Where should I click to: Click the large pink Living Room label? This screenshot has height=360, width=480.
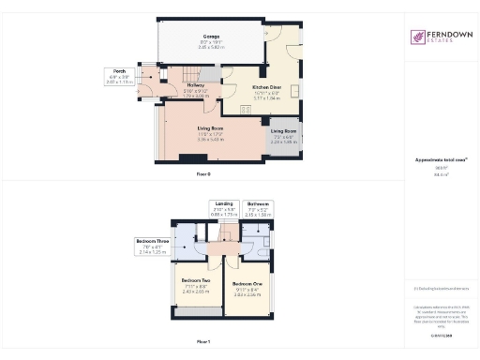pos(209,127)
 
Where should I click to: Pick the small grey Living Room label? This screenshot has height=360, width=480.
pos(284,130)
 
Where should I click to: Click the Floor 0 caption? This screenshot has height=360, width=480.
pos(203,175)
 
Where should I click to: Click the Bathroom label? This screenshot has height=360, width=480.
pos(259,202)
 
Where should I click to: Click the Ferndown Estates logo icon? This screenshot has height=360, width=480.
pos(419,37)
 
